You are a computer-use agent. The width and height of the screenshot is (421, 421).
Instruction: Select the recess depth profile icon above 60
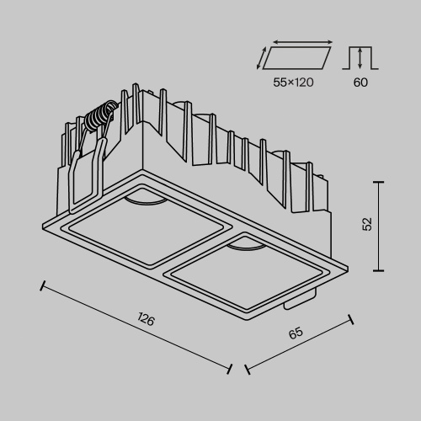360,58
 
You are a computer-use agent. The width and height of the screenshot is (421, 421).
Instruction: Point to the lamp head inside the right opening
245,243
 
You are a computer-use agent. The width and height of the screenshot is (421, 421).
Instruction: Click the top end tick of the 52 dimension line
380,182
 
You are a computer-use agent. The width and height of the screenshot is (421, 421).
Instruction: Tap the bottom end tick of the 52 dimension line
380,269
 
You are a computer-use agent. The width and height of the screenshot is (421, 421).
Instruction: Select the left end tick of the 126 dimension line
41,284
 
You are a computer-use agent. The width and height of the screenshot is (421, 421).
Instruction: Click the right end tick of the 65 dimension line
351,318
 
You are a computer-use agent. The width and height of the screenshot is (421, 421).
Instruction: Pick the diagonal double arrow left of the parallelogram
264,58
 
